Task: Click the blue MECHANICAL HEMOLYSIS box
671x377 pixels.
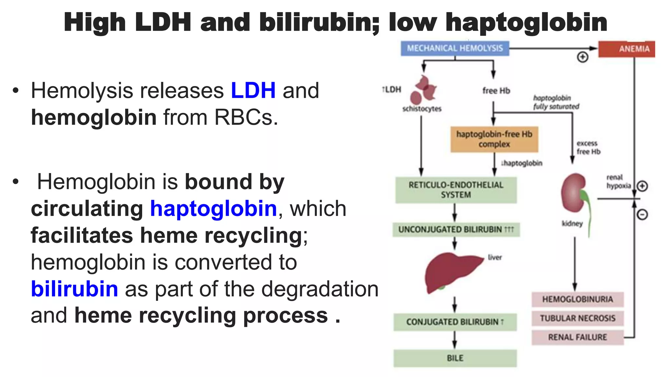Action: tap(455, 48)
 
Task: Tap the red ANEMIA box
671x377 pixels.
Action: tap(626, 49)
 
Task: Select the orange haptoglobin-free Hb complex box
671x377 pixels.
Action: tap(494, 139)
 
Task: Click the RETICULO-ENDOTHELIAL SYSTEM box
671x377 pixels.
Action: tap(456, 190)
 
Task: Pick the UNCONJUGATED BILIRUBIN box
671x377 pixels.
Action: tap(456, 229)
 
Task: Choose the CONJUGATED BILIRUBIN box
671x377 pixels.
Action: tap(455, 322)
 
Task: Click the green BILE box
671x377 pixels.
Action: tap(455, 358)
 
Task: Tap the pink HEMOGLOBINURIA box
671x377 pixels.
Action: tap(577, 299)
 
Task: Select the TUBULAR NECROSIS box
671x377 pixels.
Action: tap(577, 318)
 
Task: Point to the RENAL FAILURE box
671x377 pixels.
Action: tap(577, 337)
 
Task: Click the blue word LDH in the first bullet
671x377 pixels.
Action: tap(253, 91)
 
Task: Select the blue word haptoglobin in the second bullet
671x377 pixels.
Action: tap(214, 209)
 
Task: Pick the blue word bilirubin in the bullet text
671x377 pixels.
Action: tap(74, 289)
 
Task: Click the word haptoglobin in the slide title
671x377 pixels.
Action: tap(526, 22)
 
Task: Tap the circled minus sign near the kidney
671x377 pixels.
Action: tap(642, 215)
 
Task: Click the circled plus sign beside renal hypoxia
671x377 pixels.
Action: tap(642, 186)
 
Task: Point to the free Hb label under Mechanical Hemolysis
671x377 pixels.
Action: tap(496, 91)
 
